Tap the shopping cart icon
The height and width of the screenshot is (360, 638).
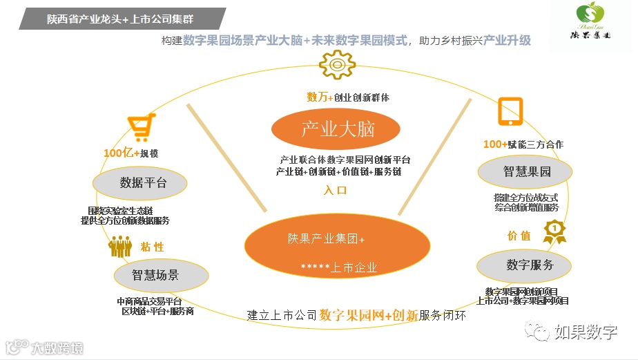[x=137, y=129]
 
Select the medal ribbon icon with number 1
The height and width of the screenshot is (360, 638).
[x=554, y=231]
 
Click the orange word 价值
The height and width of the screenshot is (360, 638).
[x=519, y=236]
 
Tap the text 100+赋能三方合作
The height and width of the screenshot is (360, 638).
[x=523, y=144]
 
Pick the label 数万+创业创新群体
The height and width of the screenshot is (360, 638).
[x=348, y=97]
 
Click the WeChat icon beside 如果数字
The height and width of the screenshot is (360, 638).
[x=536, y=332]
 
